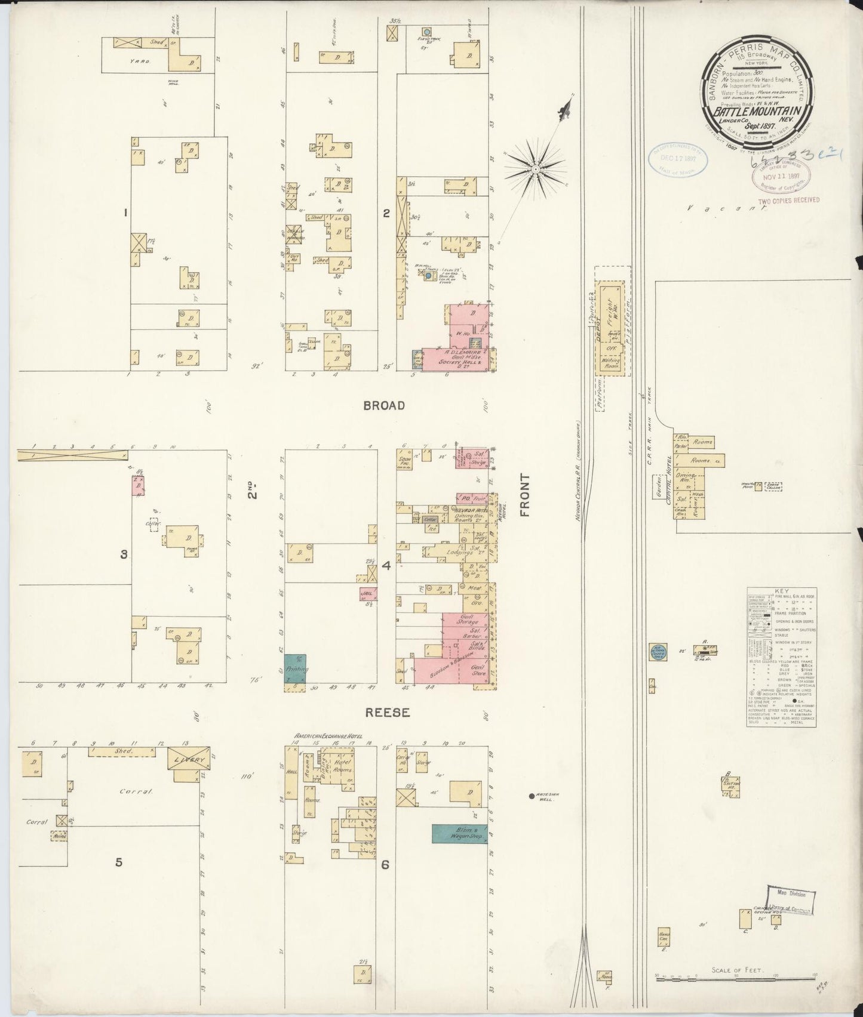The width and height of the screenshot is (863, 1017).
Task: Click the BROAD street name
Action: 383,405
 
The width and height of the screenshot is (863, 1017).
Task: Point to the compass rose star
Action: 536,169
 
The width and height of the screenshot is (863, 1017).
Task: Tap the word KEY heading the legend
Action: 781,590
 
